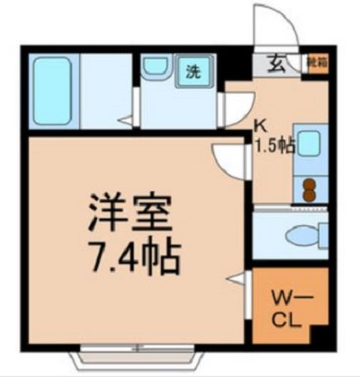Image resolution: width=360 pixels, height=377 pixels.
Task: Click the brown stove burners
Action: pyautogui.click(x=309, y=188)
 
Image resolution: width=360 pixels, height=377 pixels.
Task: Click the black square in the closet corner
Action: pyautogui.click(x=316, y=335)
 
